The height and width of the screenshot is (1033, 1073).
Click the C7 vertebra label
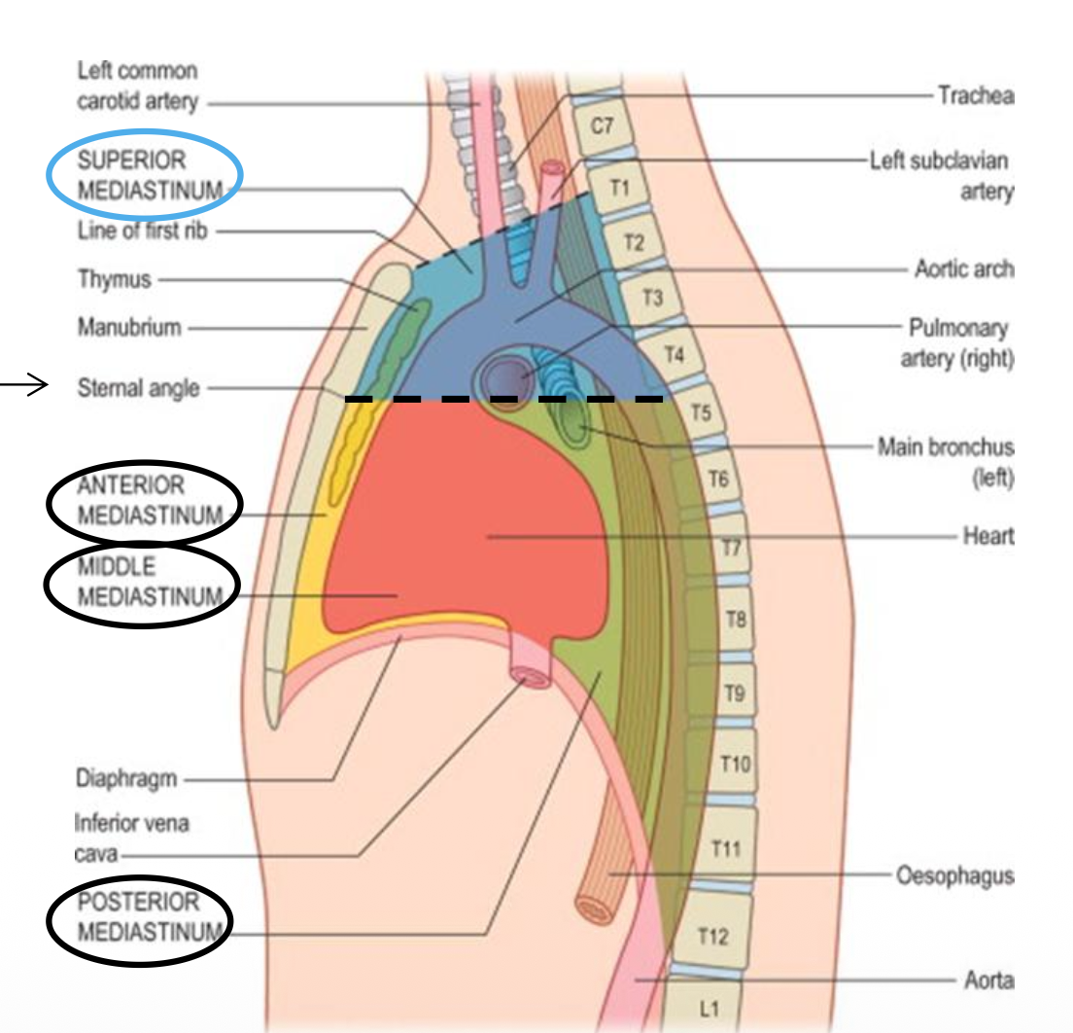point(602,126)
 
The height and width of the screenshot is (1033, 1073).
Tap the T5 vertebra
point(701,412)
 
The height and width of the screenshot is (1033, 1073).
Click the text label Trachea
point(976,95)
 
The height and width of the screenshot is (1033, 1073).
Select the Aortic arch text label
point(963,268)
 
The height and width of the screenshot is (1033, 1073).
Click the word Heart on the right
point(988,536)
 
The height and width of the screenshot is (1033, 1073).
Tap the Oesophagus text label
point(953,875)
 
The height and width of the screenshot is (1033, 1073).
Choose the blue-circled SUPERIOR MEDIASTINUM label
point(146,174)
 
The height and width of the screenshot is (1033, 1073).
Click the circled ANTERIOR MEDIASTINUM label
point(144,500)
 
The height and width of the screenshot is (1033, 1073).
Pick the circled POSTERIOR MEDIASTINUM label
point(142,917)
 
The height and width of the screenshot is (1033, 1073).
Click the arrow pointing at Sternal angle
point(25,388)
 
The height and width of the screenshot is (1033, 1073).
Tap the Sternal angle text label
point(138,389)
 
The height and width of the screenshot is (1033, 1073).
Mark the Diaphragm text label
point(126,779)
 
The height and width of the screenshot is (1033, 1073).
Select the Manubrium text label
point(129,328)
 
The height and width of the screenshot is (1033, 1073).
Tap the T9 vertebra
point(734,694)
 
